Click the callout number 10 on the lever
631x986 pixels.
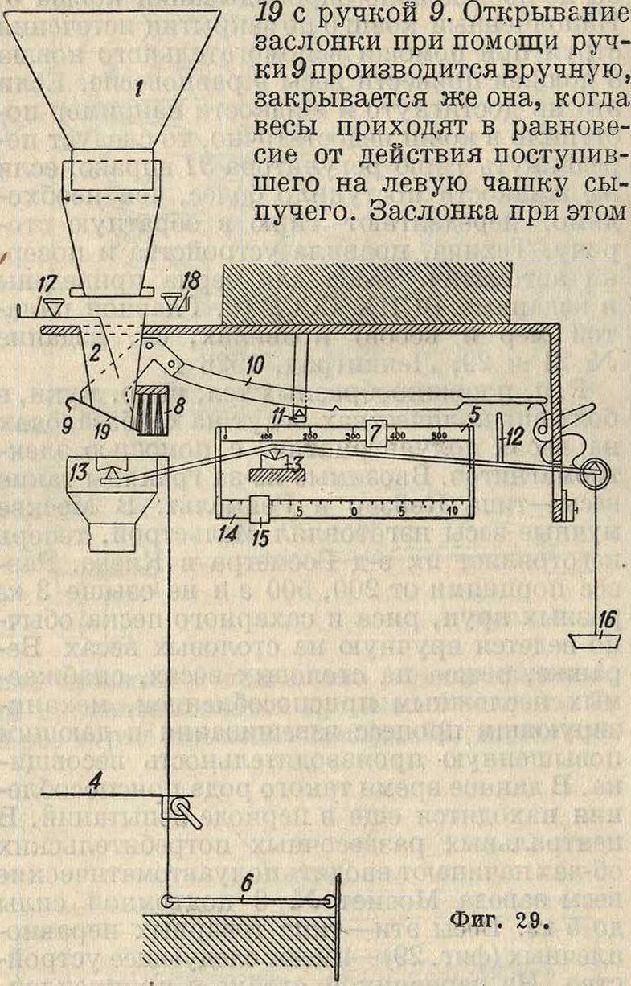255,366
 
